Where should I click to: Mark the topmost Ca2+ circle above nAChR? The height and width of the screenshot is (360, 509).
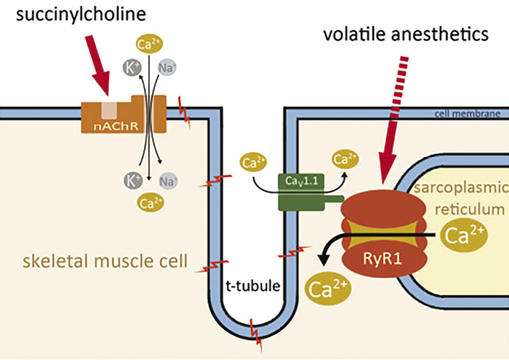[x=146, y=44]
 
